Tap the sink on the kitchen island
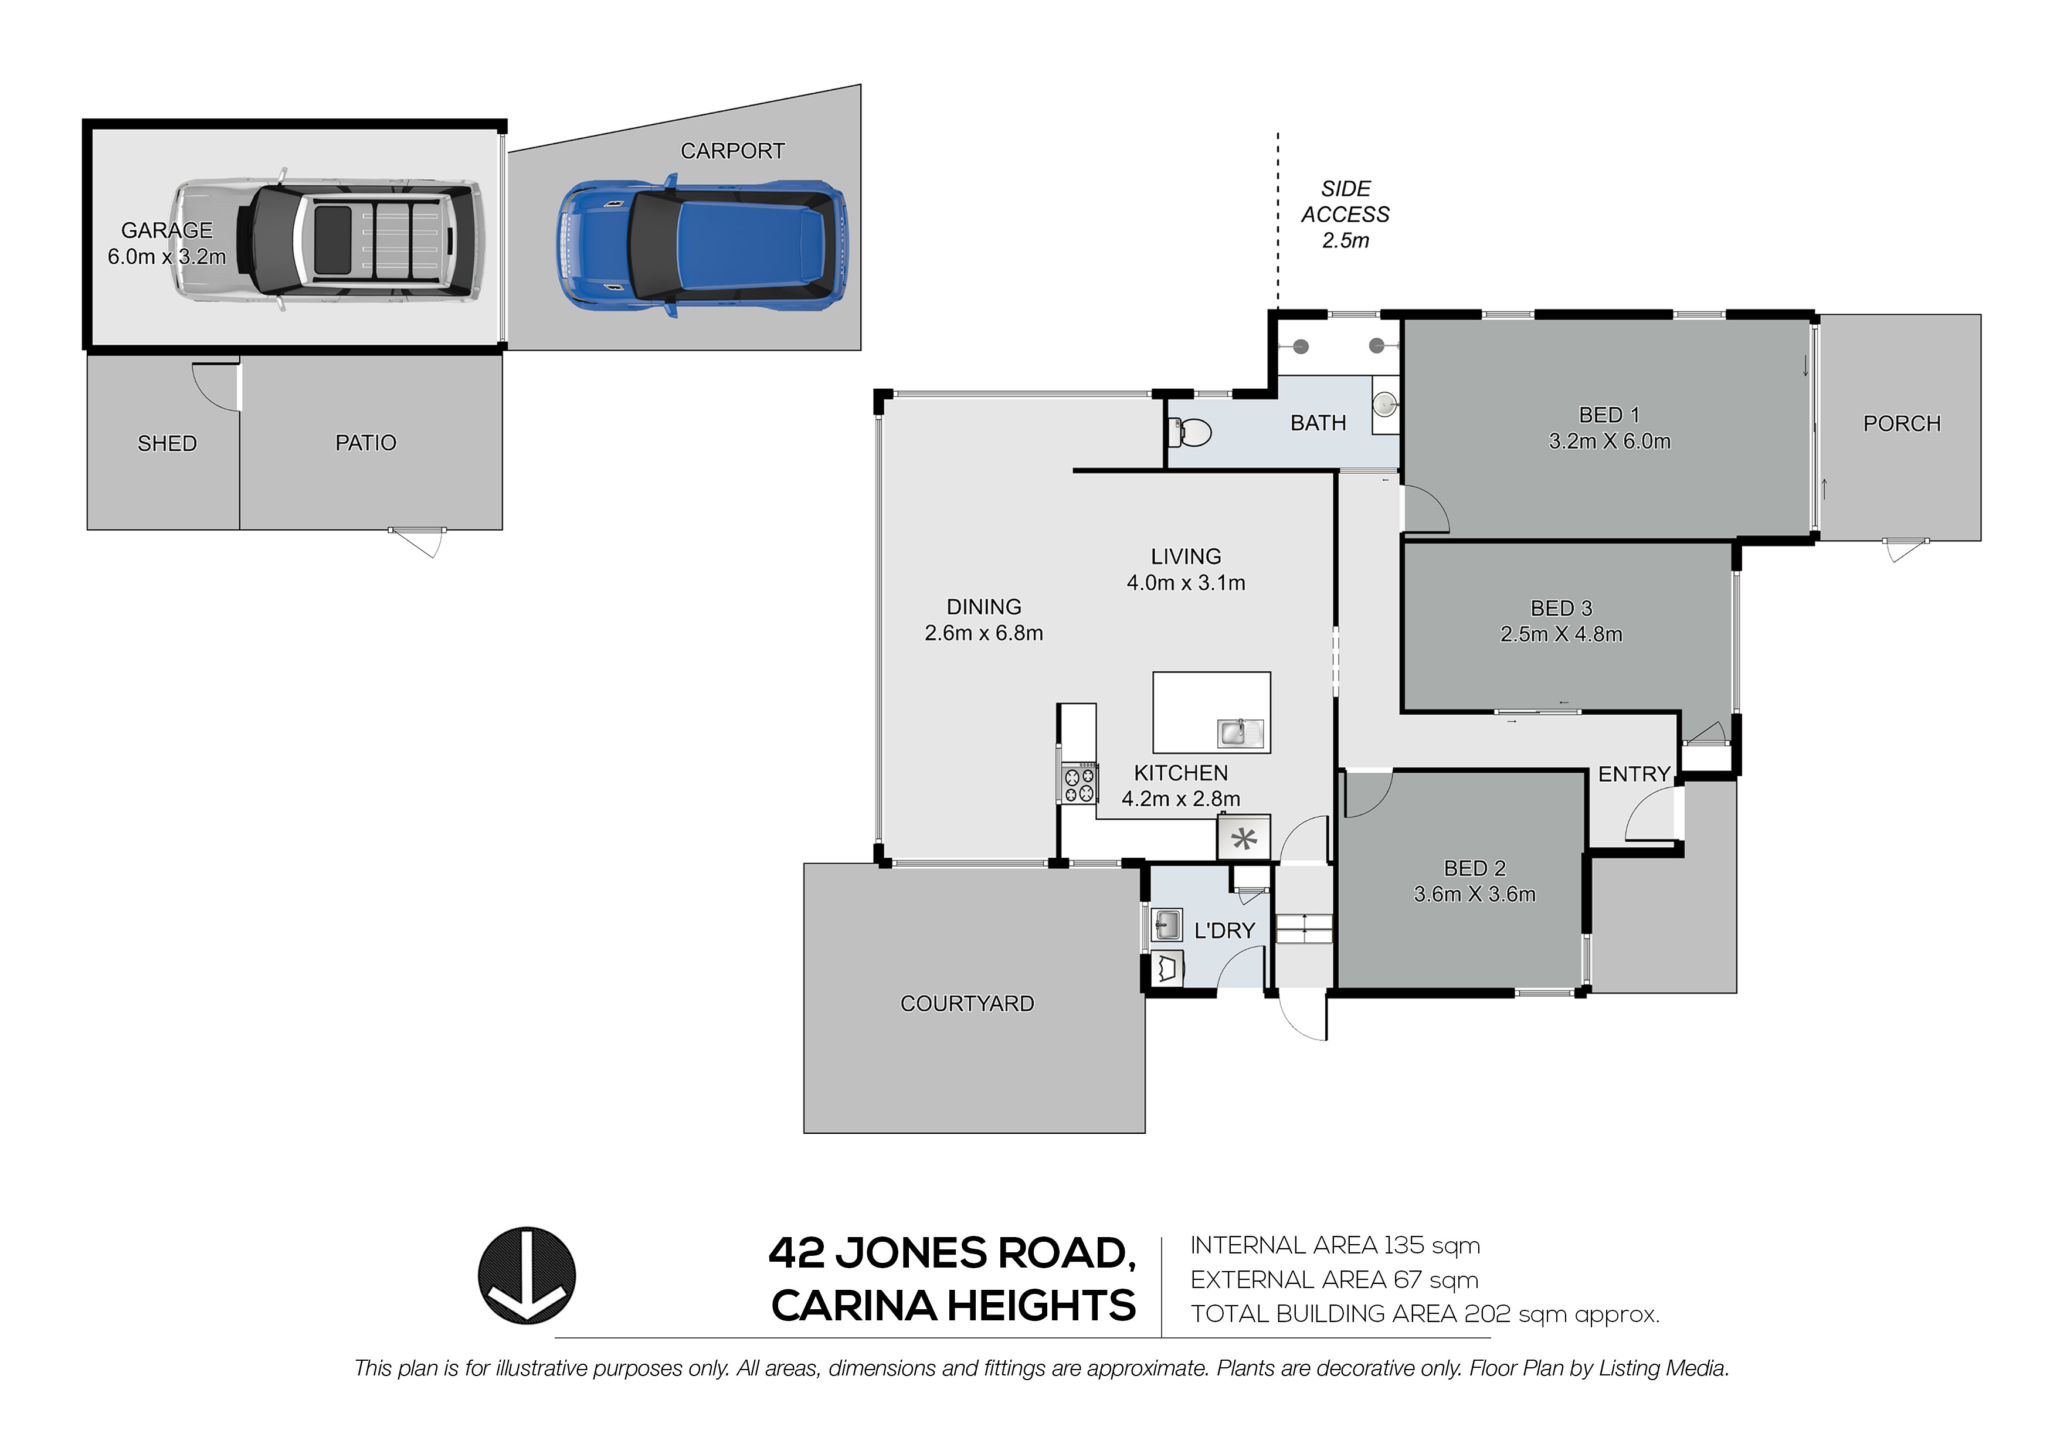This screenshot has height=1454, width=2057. coord(1240,733)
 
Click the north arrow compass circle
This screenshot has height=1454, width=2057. coord(526,1276)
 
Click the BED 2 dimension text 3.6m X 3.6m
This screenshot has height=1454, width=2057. coord(1475,894)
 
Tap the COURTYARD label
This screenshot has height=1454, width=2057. coord(967,1003)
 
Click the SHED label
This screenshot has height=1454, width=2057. coord(167,443)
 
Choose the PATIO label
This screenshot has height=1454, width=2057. coord(365,443)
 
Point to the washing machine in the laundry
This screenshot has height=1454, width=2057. coord(1166,969)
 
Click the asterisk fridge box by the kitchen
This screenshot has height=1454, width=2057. coord(1244,838)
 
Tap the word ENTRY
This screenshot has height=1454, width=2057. coord(1633,774)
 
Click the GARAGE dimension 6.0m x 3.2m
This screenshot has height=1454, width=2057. coord(167,257)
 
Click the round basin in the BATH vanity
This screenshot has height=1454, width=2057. coord(1385,405)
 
